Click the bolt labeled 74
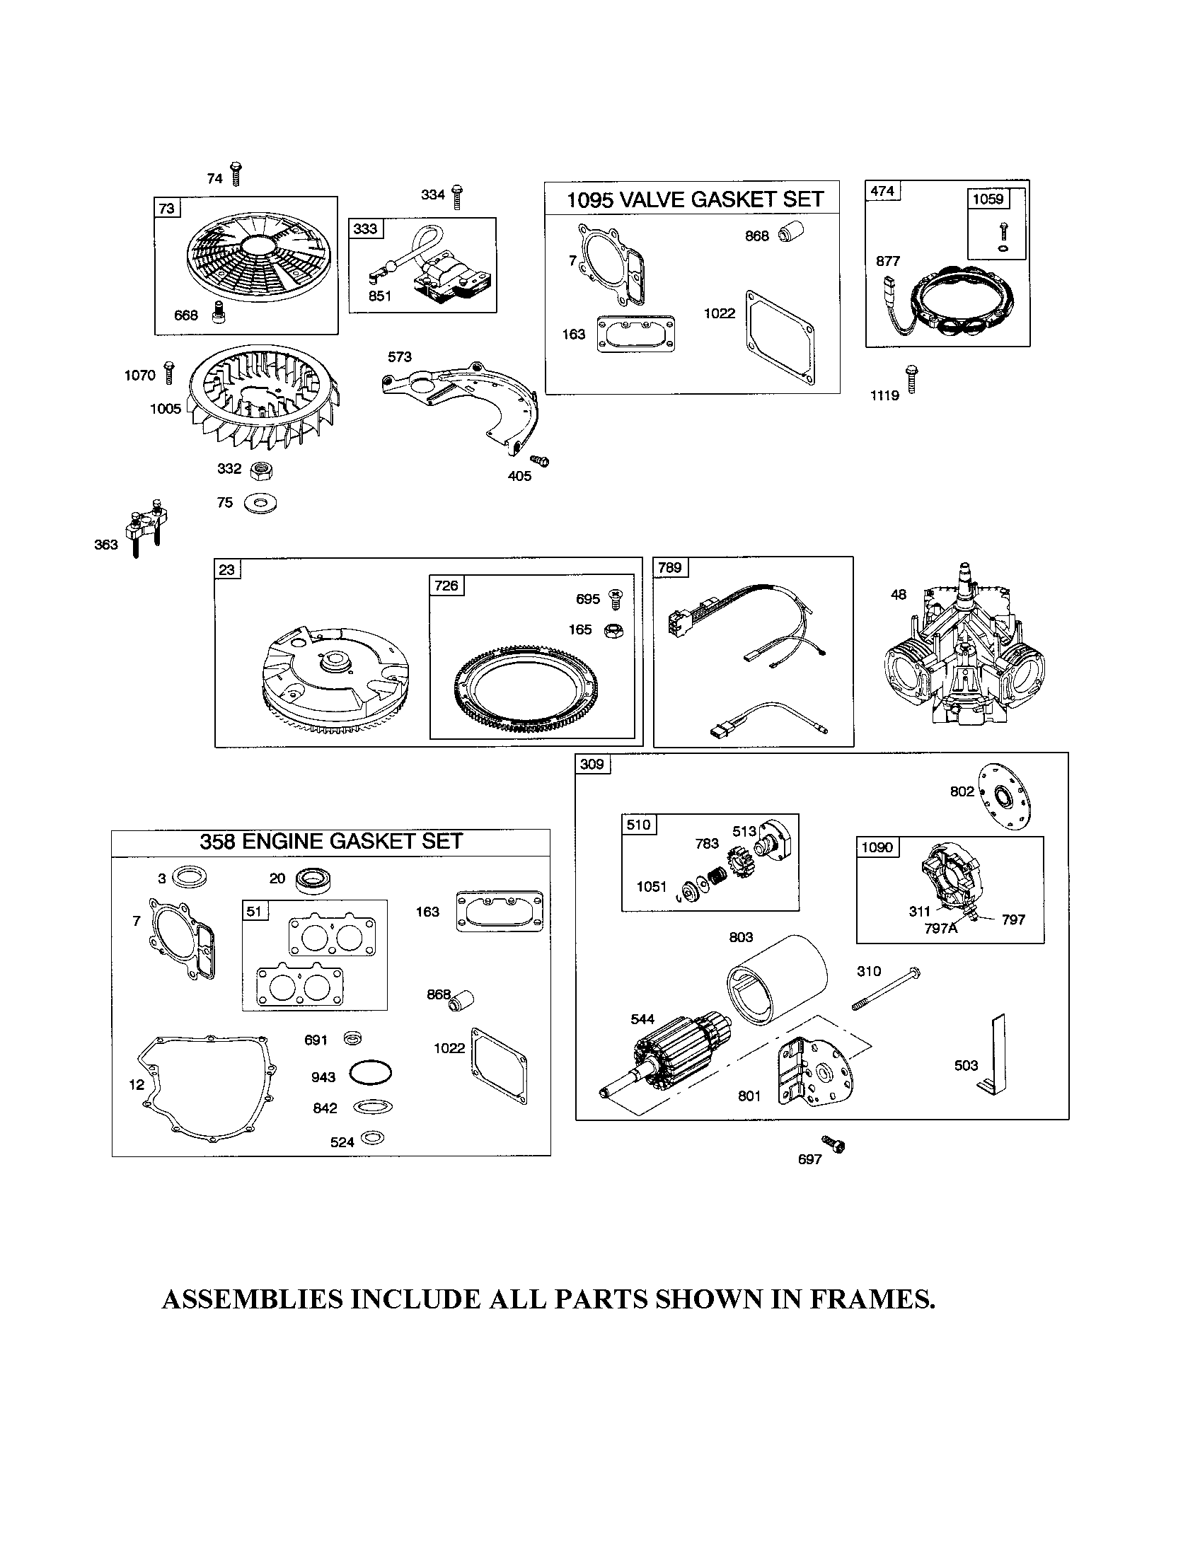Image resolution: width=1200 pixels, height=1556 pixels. (x=236, y=174)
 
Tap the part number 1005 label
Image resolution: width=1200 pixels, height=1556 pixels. (x=165, y=408)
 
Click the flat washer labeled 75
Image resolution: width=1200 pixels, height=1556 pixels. (x=260, y=503)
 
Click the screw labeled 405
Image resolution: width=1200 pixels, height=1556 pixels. (x=541, y=461)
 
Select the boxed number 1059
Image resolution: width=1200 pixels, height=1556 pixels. (x=988, y=199)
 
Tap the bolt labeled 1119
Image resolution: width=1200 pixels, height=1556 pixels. (x=911, y=378)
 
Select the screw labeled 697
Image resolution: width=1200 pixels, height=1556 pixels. (x=833, y=1144)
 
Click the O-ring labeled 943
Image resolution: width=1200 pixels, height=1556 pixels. (x=371, y=1074)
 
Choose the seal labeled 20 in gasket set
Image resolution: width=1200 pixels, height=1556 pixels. (x=311, y=881)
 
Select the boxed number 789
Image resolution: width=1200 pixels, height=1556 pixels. (x=669, y=567)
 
